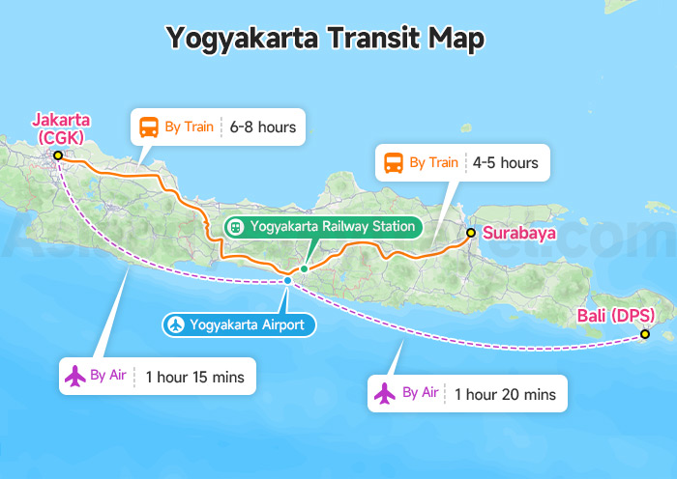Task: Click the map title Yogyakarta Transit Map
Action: click(324, 38)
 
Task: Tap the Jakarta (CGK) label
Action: click(61, 128)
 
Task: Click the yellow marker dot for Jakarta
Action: click(58, 155)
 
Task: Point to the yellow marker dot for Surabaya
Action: click(470, 233)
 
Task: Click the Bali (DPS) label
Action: click(615, 316)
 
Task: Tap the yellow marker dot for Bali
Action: click(644, 335)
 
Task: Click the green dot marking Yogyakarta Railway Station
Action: click(304, 268)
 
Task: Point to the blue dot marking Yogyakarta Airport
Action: click(287, 280)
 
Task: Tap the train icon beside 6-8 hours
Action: click(150, 127)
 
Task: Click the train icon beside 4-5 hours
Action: click(394, 163)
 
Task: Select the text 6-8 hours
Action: click(262, 127)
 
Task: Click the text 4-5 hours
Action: click(505, 163)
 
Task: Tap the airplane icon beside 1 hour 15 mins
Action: click(74, 376)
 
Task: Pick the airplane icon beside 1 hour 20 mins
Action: click(385, 393)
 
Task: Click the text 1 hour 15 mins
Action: click(194, 377)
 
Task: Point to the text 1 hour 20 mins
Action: click(505, 394)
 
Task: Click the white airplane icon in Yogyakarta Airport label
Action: click(175, 324)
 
